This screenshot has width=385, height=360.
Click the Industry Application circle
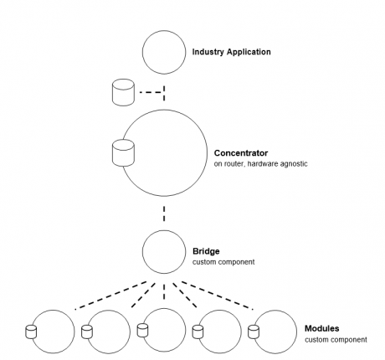tap(164, 52)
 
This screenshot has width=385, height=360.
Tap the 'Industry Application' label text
tap(226, 52)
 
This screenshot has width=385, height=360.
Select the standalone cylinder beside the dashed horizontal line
tap(123, 92)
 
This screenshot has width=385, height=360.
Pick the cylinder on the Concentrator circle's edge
tap(123, 154)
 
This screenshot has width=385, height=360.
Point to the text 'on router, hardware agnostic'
tap(260, 164)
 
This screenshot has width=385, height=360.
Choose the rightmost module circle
tap(276, 331)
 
